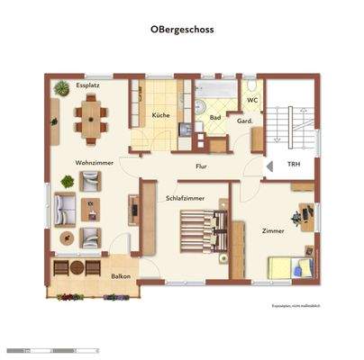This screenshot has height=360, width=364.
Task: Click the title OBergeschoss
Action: point(183,29)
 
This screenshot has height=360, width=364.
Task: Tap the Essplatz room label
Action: point(87,85)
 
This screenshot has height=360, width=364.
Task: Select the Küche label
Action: point(161,116)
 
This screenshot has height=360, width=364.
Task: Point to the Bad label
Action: point(215,117)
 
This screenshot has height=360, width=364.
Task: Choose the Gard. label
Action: point(243,121)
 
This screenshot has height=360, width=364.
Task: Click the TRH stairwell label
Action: point(294,166)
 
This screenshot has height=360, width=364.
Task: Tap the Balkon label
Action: point(122,277)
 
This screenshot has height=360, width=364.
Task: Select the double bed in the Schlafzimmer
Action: point(199,231)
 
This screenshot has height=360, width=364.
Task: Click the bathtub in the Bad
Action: point(214,91)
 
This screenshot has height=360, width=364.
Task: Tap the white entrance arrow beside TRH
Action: point(269,166)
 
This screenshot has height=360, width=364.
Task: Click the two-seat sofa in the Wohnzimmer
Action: point(64,209)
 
